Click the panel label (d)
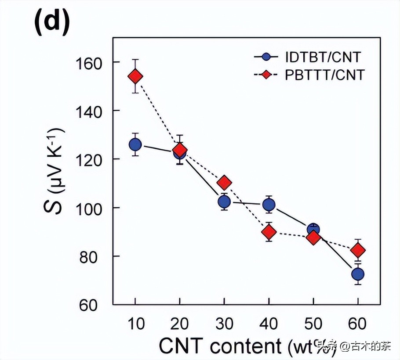tap(52, 23)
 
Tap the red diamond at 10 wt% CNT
tap(135, 76)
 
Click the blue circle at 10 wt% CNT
tap(135, 144)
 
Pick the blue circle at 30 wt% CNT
tap(224, 202)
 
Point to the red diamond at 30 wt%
tap(224, 182)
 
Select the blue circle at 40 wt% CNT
tap(269, 205)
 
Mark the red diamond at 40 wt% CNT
tap(269, 232)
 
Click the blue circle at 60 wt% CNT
tap(358, 274)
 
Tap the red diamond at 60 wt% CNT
tap(358, 250)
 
